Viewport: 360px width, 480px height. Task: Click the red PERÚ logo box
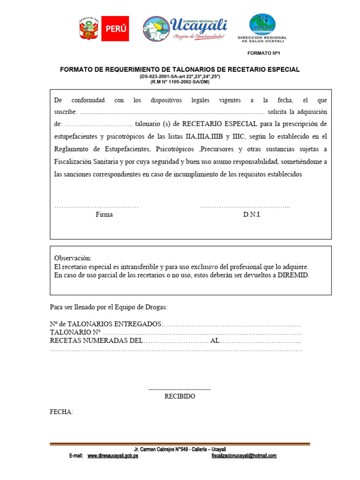[x=115, y=29]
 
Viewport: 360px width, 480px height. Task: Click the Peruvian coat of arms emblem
[x=89, y=29]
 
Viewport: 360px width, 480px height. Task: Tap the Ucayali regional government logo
[x=185, y=29]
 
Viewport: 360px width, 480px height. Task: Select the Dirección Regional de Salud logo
[x=262, y=28]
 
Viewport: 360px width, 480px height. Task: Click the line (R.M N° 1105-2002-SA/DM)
[x=180, y=82]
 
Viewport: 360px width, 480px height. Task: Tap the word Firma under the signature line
[x=104, y=215]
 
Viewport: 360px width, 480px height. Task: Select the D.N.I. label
[x=252, y=215]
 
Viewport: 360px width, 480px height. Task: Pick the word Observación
[x=73, y=258]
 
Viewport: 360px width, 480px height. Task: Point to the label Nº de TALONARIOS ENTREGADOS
[x=106, y=324]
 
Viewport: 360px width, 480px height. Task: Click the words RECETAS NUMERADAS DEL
[x=96, y=341]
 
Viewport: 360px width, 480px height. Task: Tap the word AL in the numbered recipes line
[x=215, y=341]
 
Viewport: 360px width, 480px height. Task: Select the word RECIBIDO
[x=180, y=397]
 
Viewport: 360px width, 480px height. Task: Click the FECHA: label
[x=61, y=412]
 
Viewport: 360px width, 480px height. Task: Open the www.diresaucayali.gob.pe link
[x=112, y=456]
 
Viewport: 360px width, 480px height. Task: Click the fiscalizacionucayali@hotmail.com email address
[x=244, y=456]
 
